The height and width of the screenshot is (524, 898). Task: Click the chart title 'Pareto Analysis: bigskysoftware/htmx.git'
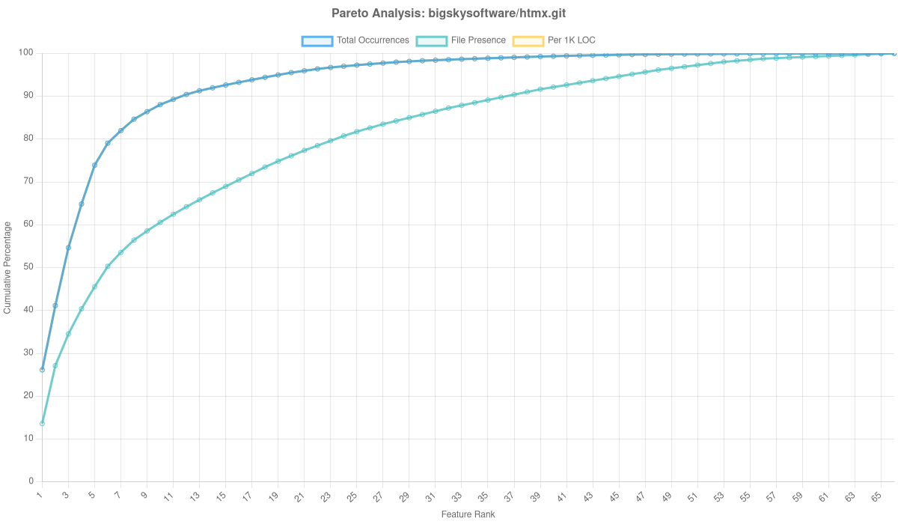pyautogui.click(x=449, y=13)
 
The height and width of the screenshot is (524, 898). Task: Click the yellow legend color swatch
pyautogui.click(x=528, y=40)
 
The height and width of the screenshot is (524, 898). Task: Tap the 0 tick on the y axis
pyautogui.click(x=31, y=481)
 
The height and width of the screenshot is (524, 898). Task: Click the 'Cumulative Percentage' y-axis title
pyautogui.click(x=7, y=267)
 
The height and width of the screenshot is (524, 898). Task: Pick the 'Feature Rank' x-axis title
pyautogui.click(x=468, y=515)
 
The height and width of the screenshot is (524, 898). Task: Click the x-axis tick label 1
pyautogui.click(x=40, y=496)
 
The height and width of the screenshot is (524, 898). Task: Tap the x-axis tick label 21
pyautogui.click(x=300, y=496)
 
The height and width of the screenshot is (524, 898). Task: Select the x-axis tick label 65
pyautogui.click(x=876, y=496)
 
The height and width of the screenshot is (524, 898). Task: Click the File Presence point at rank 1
pyautogui.click(x=42, y=424)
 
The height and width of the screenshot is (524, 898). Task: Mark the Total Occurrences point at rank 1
pyautogui.click(x=42, y=369)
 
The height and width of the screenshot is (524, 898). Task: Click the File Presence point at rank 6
pyautogui.click(x=107, y=266)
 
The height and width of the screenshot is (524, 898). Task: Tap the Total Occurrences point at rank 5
pyautogui.click(x=94, y=165)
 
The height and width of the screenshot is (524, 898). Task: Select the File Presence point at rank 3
pyautogui.click(x=68, y=334)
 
